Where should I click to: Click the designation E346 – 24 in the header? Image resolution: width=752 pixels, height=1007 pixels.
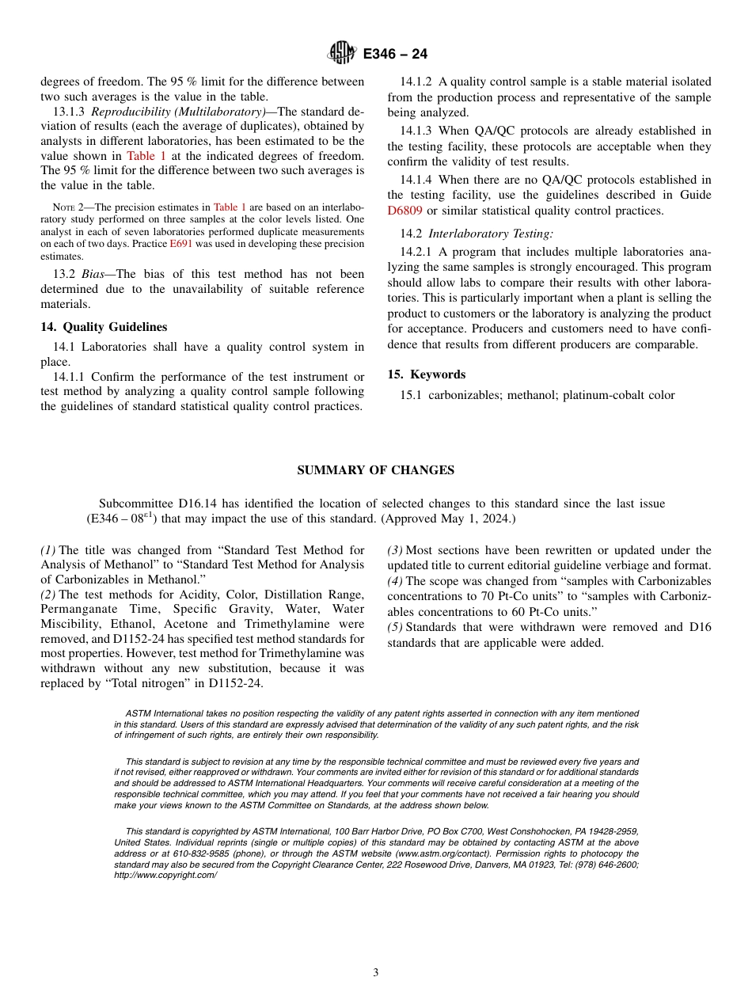(x=395, y=54)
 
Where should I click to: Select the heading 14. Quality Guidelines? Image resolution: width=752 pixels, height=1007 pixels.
(x=104, y=327)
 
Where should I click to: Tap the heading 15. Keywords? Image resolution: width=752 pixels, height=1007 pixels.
(x=427, y=374)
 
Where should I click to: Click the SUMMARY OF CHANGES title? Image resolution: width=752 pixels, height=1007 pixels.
(x=375, y=470)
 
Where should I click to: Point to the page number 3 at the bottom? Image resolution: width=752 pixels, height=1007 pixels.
(x=376, y=972)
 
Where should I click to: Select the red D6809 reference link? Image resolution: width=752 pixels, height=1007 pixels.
(x=404, y=211)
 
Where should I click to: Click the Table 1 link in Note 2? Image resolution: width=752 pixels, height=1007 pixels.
(x=230, y=207)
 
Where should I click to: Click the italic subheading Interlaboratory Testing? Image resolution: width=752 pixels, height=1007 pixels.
(x=490, y=234)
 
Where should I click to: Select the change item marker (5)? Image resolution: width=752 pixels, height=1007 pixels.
(x=395, y=627)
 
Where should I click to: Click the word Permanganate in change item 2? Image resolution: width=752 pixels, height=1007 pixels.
(x=78, y=609)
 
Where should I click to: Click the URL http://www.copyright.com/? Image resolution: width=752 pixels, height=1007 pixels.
(x=165, y=875)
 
